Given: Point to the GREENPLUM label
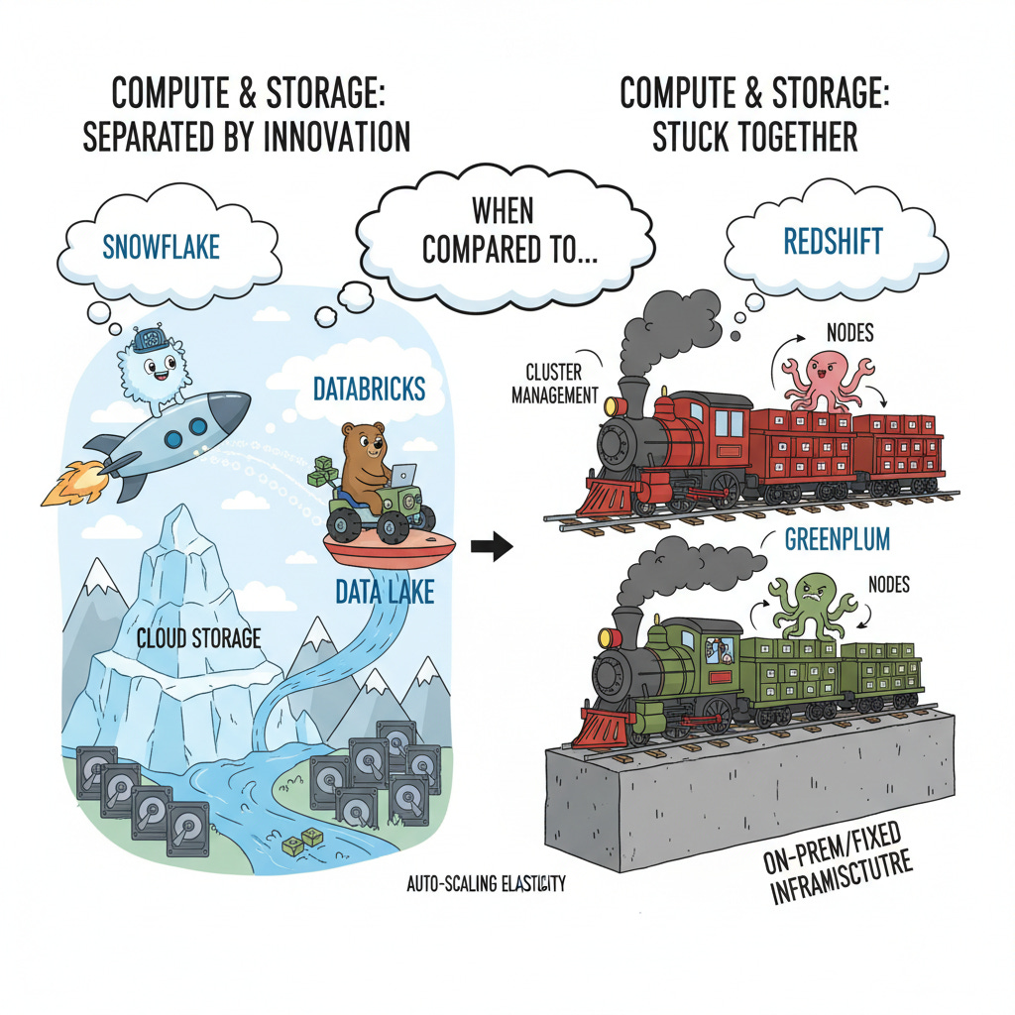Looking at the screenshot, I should [x=837, y=539].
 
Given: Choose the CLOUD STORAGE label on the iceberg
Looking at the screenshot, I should [x=199, y=636].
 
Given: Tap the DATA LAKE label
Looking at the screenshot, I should [x=384, y=592].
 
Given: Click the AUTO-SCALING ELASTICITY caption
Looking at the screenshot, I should [x=486, y=883].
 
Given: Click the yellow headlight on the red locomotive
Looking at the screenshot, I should [x=611, y=405].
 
